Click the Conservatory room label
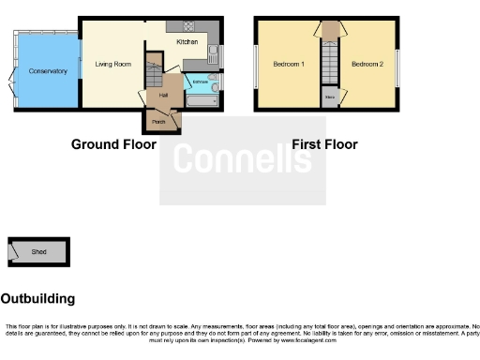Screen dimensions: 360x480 pyautogui.click(x=47, y=71)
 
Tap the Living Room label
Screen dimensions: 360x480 pyautogui.click(x=112, y=65)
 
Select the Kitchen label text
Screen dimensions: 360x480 pyautogui.click(x=187, y=42)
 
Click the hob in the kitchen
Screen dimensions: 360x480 pyautogui.click(x=187, y=26)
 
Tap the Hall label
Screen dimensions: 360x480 pyautogui.click(x=162, y=95)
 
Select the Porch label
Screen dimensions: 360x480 pyautogui.click(x=158, y=121)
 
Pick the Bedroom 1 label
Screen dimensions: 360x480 pyautogui.click(x=288, y=64)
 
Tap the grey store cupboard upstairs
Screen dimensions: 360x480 pyautogui.click(x=329, y=97)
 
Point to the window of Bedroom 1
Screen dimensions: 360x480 pyautogui.click(x=256, y=66)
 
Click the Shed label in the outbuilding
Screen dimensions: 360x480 pyautogui.click(x=39, y=252)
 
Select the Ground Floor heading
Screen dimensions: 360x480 pyautogui.click(x=113, y=144)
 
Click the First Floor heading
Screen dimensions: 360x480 pyautogui.click(x=324, y=144)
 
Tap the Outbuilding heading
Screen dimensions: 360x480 pyautogui.click(x=37, y=299)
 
